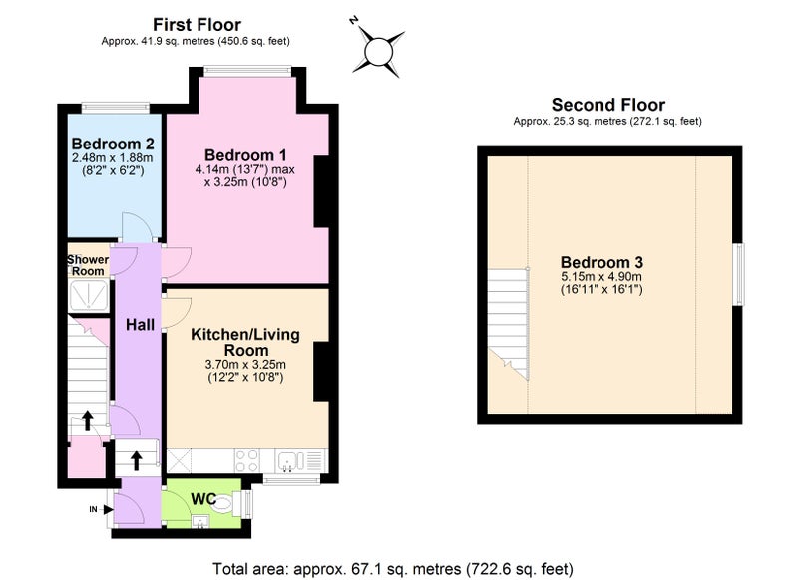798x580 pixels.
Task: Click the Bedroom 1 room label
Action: tap(245, 155)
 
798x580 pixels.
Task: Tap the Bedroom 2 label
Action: tap(113, 144)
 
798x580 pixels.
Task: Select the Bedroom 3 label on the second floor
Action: tap(601, 262)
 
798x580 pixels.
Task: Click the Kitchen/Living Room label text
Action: tap(245, 342)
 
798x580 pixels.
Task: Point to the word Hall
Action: tap(140, 325)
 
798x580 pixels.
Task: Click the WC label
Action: tap(203, 498)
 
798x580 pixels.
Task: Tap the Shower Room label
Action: tap(88, 265)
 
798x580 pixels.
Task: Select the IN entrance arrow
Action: tap(108, 509)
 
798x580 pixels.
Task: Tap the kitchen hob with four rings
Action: tap(246, 461)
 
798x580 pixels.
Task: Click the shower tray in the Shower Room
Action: tap(89, 295)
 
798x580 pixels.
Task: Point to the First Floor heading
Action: tap(197, 24)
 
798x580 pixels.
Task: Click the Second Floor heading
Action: tap(608, 105)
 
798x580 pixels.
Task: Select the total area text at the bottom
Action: tap(393, 568)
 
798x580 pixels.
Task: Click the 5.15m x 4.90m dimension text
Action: tap(601, 277)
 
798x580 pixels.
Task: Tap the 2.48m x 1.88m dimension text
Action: tap(113, 158)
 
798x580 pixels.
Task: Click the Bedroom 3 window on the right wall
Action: tap(739, 274)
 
